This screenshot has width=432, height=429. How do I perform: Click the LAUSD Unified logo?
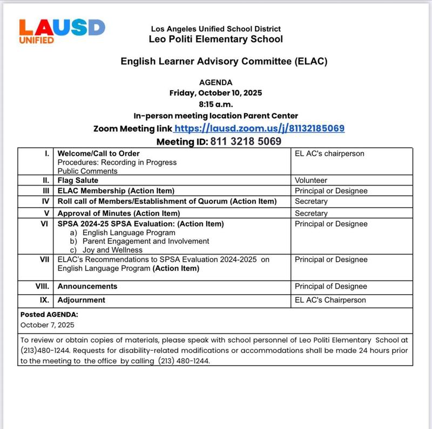(x=62, y=31)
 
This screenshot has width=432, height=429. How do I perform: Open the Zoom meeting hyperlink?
(x=260, y=128)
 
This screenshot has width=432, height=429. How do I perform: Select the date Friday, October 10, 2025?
(x=215, y=93)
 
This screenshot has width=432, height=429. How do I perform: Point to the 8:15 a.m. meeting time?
(x=215, y=104)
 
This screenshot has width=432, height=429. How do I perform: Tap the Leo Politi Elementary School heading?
(x=215, y=39)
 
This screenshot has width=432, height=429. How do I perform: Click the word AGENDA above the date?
(x=215, y=83)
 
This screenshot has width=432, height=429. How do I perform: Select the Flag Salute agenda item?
(x=78, y=180)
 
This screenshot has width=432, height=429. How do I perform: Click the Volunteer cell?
(x=311, y=180)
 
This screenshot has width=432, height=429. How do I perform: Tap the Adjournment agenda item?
(x=81, y=300)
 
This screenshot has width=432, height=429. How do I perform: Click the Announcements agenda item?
(x=87, y=287)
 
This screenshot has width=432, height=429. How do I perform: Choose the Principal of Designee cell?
(x=330, y=287)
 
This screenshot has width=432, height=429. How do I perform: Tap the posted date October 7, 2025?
(x=48, y=325)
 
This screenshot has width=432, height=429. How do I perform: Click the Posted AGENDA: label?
(x=49, y=314)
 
